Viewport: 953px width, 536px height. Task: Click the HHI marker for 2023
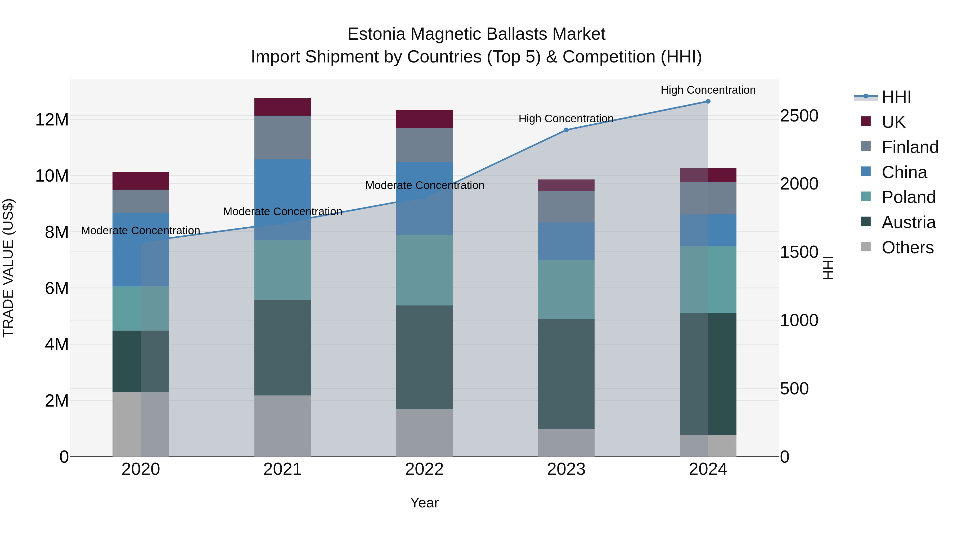(x=566, y=130)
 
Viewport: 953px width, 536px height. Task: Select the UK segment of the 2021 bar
(x=283, y=107)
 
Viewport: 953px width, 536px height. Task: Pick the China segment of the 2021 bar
(x=283, y=200)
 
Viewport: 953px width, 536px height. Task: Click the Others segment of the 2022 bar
(x=424, y=433)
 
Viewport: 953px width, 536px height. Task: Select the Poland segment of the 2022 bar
(x=424, y=270)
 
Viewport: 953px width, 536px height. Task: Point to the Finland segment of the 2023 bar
(x=566, y=206)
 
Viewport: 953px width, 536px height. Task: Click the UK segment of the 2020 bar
(x=141, y=181)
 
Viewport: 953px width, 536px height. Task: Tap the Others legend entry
(x=907, y=247)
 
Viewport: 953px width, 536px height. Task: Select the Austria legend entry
(x=908, y=222)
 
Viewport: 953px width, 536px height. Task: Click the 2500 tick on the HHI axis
(x=799, y=116)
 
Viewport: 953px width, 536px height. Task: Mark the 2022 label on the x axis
(x=424, y=469)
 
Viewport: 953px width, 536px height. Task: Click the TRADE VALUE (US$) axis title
(x=8, y=268)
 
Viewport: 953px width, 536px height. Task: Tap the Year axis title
(x=424, y=503)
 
